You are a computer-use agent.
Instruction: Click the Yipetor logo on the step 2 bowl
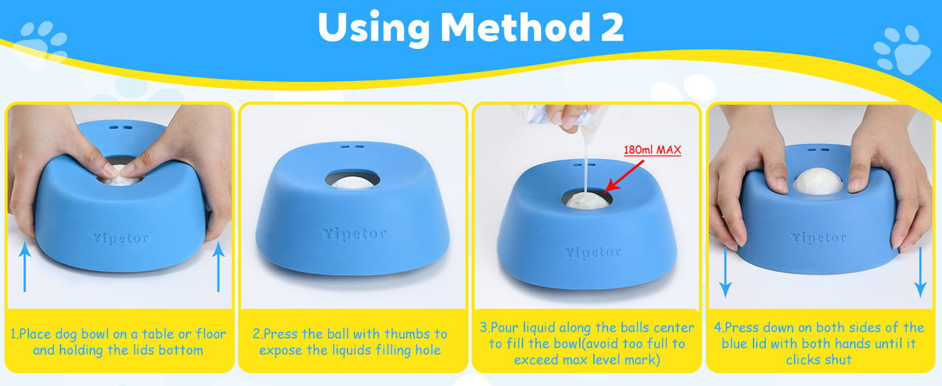353,233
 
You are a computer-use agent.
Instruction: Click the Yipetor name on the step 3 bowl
592,252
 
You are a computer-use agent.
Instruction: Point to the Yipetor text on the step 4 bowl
818,238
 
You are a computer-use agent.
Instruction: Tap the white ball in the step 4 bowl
818,181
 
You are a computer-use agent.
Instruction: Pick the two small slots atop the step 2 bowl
353,147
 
